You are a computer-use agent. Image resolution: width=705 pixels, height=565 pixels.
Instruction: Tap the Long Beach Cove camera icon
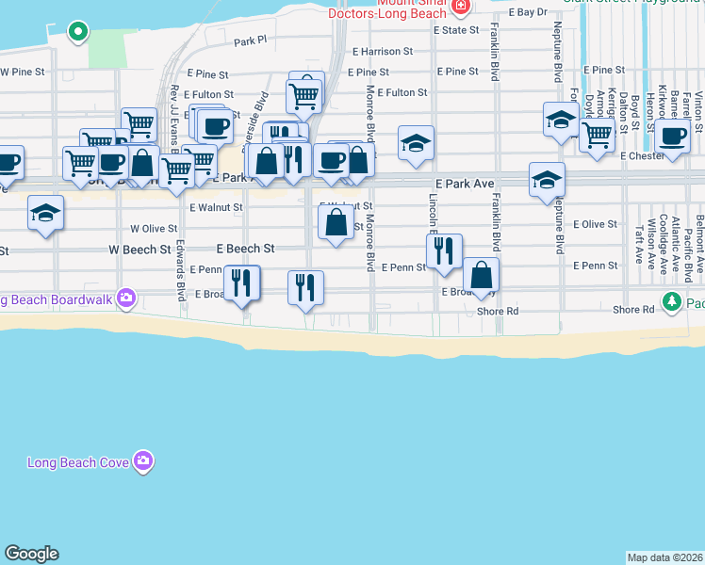[143, 460]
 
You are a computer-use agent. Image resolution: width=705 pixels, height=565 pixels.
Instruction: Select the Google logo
[31, 554]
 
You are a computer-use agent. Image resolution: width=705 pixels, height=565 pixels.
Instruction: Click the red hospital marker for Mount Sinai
[460, 8]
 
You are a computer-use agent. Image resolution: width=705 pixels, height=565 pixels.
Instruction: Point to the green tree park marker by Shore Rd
[671, 301]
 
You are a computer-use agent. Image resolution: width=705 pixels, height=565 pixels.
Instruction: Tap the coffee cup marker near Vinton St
[673, 136]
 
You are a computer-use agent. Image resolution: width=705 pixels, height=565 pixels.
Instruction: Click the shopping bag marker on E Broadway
[481, 276]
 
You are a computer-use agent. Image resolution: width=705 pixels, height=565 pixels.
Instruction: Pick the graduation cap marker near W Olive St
[45, 214]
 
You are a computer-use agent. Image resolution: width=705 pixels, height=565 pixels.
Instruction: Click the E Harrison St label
[382, 52]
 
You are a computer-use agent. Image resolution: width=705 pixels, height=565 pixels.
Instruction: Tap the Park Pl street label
[251, 41]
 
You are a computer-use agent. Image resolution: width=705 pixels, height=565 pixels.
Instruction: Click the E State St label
[456, 30]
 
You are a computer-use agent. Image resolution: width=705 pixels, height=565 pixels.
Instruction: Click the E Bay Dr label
[527, 12]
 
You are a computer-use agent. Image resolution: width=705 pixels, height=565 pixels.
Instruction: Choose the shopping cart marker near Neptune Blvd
[596, 135]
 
